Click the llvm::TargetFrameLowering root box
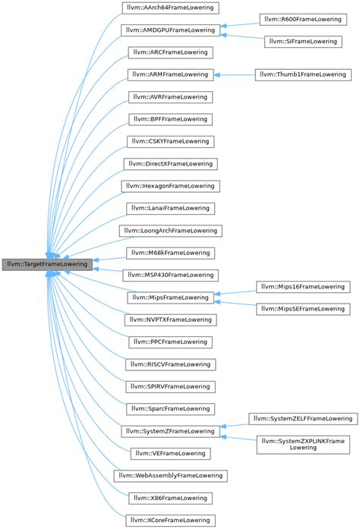click(47, 265)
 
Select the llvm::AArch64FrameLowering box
click(171, 8)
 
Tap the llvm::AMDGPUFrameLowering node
click(171, 30)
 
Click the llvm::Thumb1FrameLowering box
click(302, 74)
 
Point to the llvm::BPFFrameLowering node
click(171, 119)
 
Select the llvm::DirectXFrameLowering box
click(171, 163)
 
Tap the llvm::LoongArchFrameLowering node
click(171, 229)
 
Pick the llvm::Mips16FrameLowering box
click(302, 286)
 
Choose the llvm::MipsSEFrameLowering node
click(302, 308)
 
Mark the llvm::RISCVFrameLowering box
click(171, 365)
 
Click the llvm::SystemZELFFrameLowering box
click(302, 418)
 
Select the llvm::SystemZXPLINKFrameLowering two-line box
click(302, 445)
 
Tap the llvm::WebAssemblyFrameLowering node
click(171, 475)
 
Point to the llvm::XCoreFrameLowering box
click(171, 520)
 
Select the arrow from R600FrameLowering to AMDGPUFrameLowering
click(239, 24)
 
